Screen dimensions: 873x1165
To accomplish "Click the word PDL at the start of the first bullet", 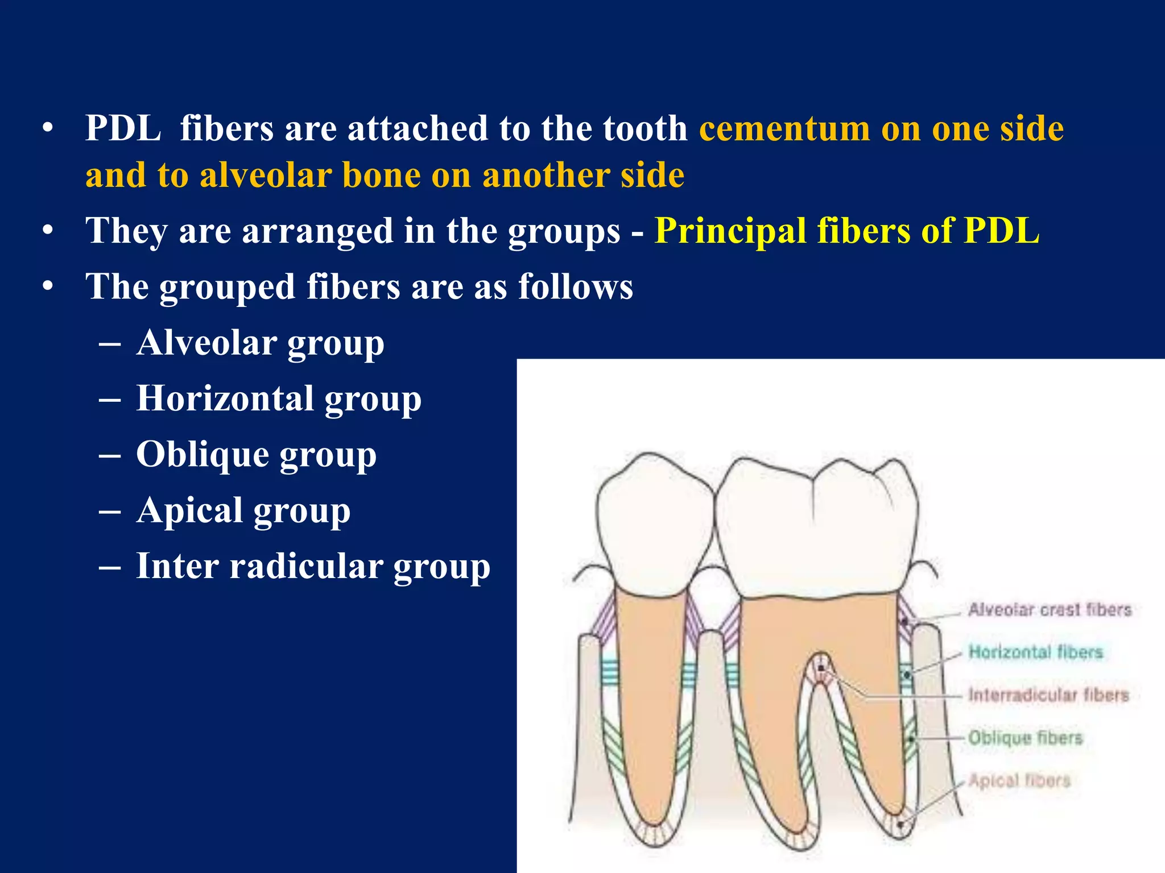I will coord(123,128).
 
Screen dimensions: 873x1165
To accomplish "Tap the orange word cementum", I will coord(784,128).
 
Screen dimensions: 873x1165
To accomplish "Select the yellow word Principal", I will coord(730,231).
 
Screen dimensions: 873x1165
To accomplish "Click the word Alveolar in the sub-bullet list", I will coord(206,343).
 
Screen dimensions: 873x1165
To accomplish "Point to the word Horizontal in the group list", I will coord(225,398).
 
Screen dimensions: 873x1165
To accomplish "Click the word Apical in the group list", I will coord(189,510).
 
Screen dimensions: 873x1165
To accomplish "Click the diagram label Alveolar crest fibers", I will coord(1050,610).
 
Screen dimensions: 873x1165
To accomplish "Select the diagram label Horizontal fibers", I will coord(1035,652).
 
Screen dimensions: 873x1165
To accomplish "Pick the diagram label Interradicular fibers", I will coord(1048,695).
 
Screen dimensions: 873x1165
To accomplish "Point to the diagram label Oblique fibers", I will coord(1025,738).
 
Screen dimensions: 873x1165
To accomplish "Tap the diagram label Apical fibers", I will coord(1019,780).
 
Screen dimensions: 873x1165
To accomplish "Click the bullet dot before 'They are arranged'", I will coord(48,231).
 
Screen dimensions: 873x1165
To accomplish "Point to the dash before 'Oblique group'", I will coord(109,455).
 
